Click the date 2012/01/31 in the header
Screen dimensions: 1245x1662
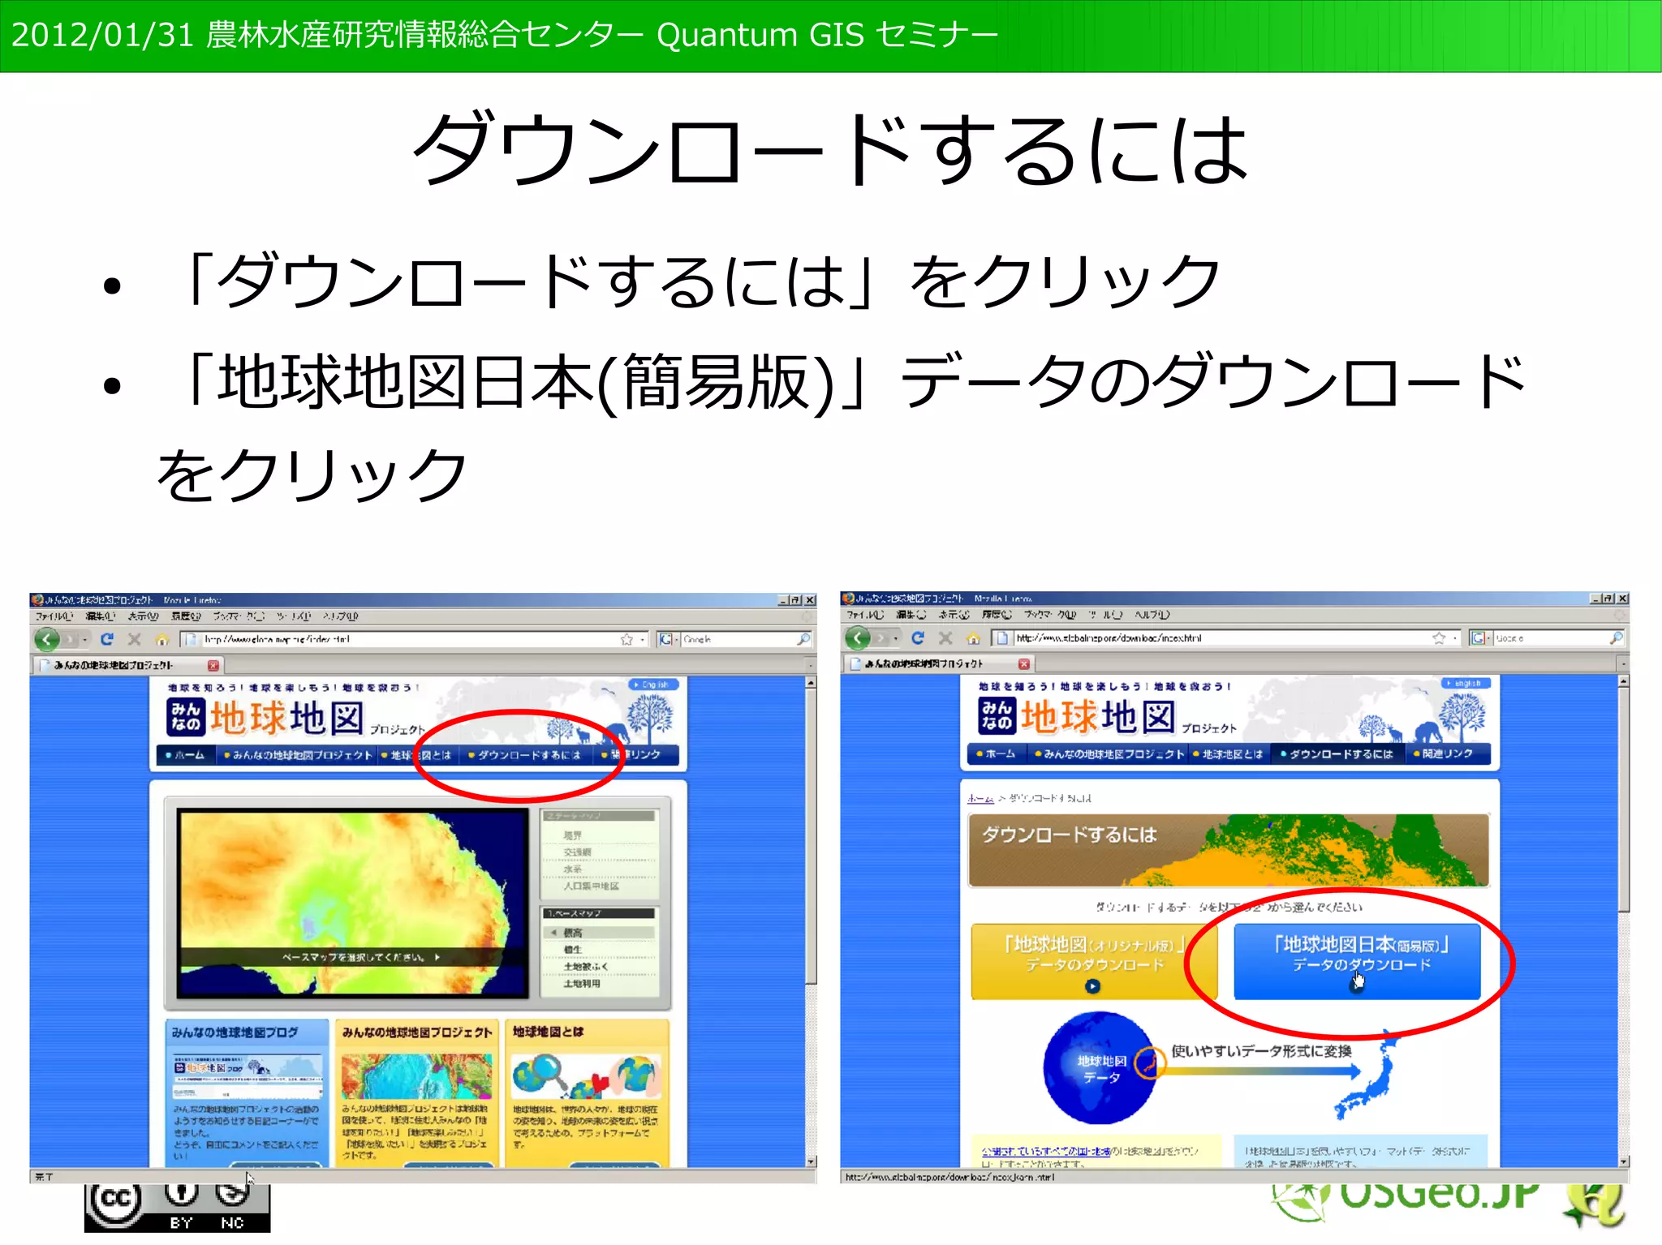tap(102, 36)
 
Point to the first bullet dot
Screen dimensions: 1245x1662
tap(112, 285)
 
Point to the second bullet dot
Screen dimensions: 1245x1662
tap(112, 385)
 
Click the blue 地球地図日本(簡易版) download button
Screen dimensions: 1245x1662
tap(1357, 960)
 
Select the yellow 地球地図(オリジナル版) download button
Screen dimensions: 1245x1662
tap(1094, 960)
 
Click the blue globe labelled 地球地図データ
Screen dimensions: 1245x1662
tap(1100, 1068)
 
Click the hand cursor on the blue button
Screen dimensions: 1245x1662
tap(1358, 982)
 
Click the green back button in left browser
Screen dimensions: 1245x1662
tap(47, 639)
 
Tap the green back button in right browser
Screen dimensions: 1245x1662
tap(858, 638)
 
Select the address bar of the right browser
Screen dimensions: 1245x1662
tap(1217, 638)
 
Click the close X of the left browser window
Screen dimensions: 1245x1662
tap(810, 600)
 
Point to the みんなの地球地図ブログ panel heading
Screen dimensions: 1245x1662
tap(235, 1032)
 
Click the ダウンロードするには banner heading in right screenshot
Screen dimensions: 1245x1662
tap(1069, 835)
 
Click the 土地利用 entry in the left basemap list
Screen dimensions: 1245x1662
tap(582, 984)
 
